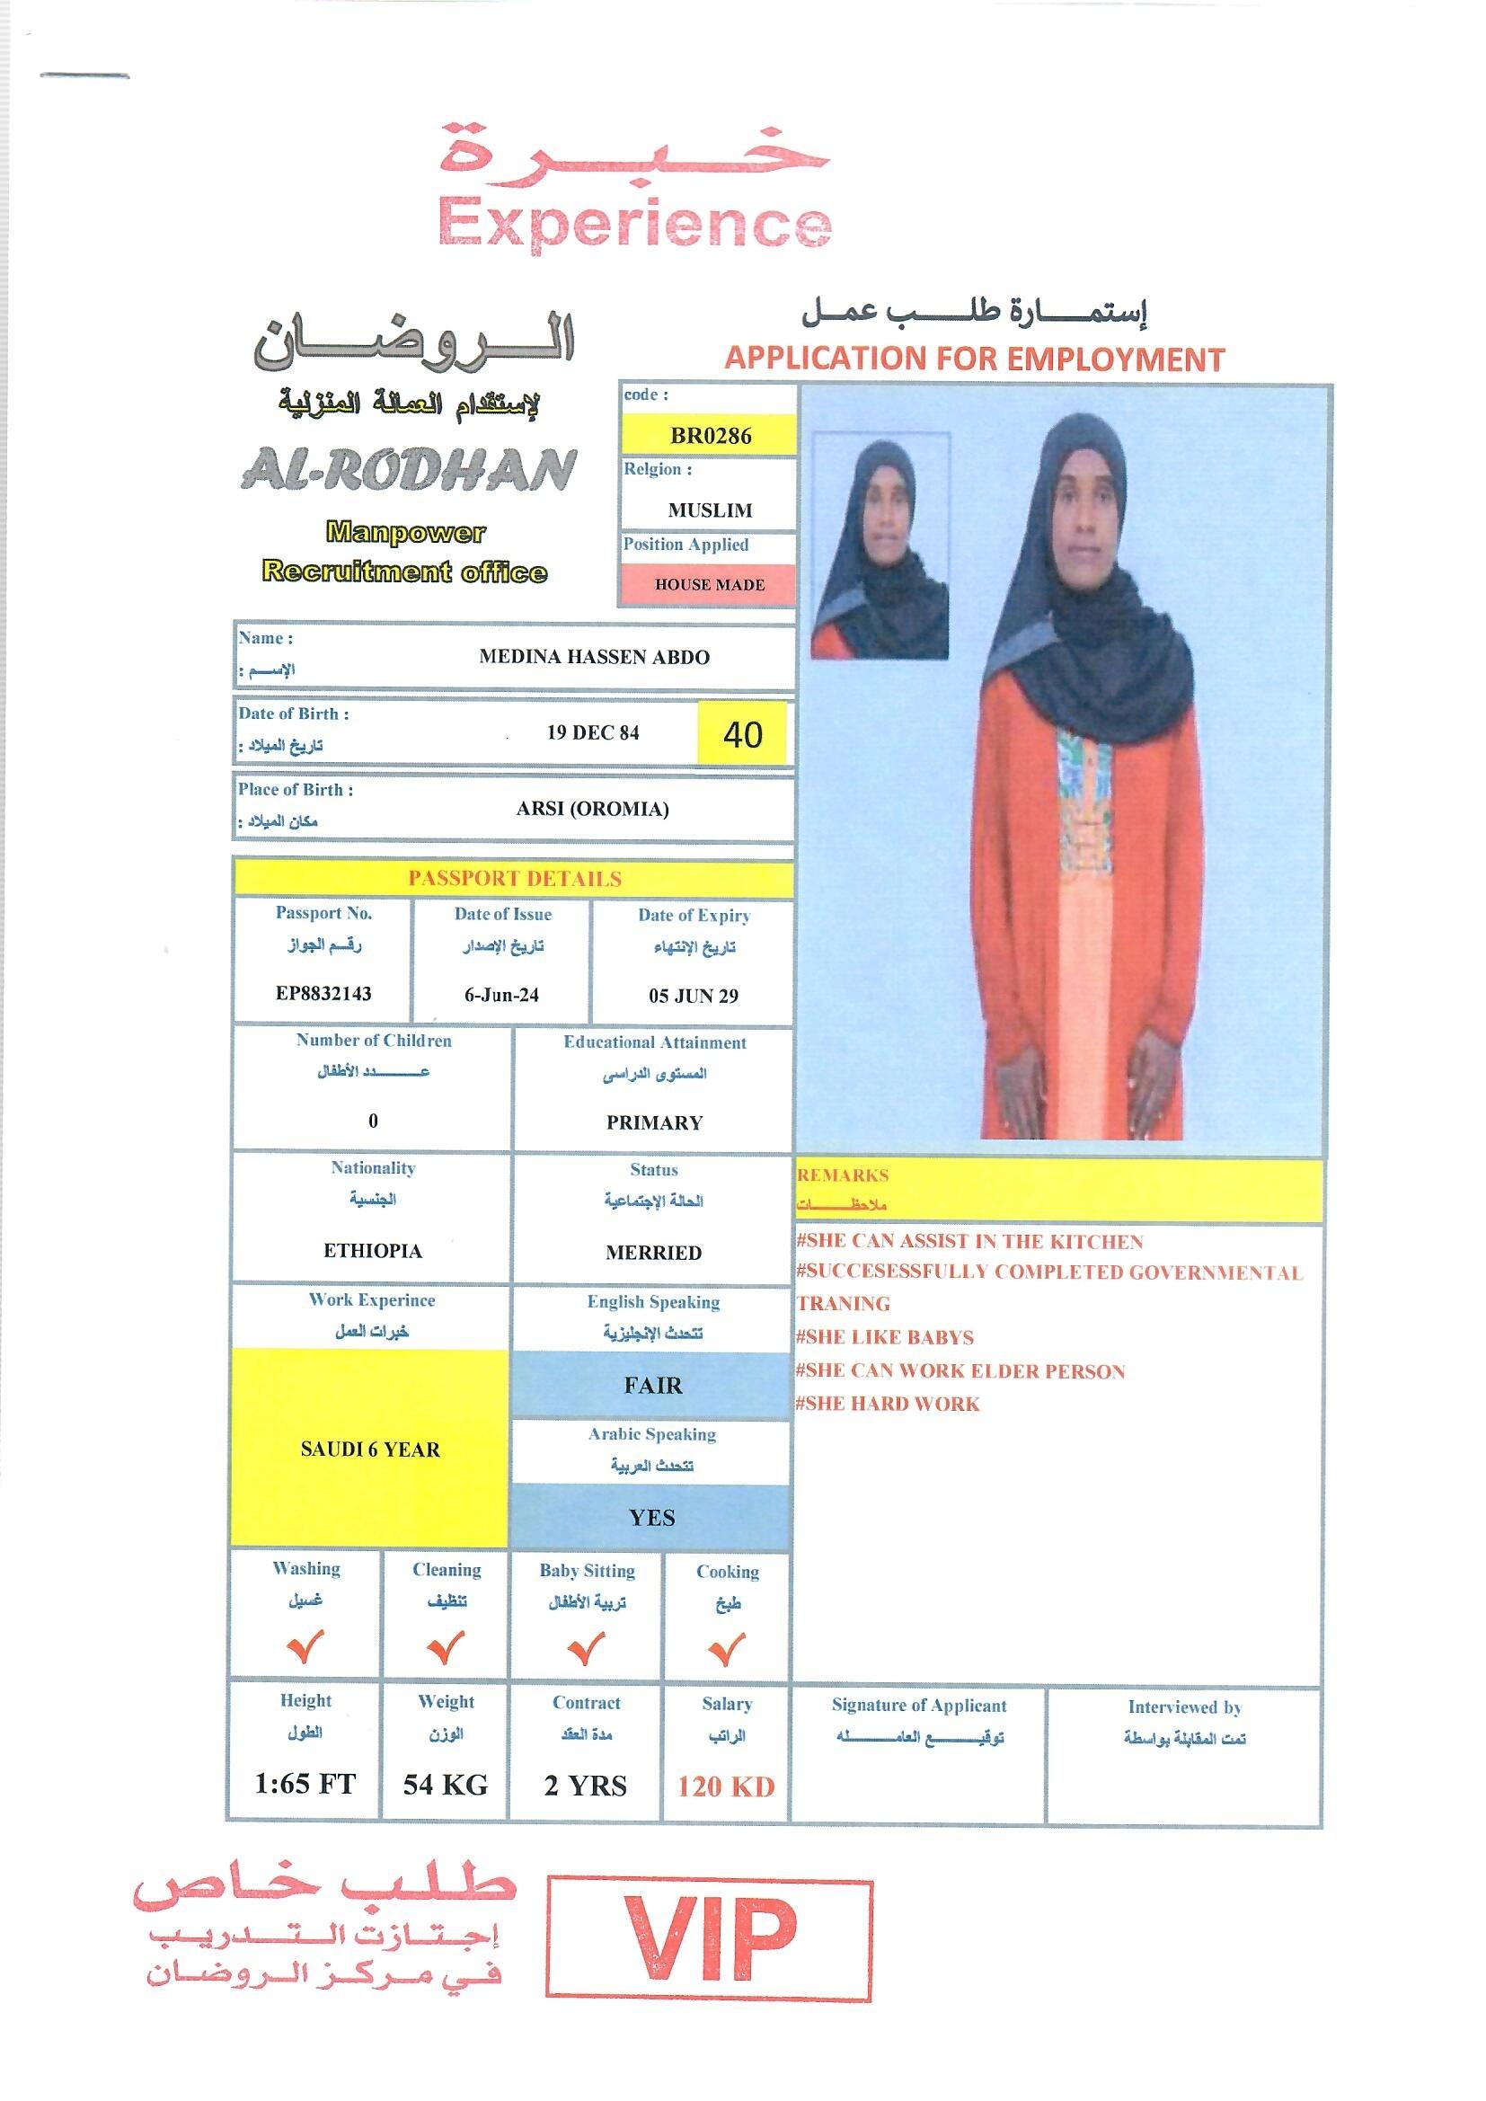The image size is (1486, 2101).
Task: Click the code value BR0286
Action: (x=710, y=436)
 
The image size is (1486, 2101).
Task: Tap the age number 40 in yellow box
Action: (x=742, y=734)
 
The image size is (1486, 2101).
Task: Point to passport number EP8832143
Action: (x=324, y=994)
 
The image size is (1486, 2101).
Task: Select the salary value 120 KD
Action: (x=726, y=1786)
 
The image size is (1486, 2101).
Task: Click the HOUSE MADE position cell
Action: (x=709, y=585)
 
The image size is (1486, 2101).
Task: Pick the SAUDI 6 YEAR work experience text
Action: (x=369, y=1449)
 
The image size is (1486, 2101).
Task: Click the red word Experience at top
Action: (x=635, y=224)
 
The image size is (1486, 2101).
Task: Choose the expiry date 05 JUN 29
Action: (x=693, y=997)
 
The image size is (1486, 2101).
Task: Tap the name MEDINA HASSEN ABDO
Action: (x=594, y=657)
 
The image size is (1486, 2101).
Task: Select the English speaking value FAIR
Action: (x=652, y=1386)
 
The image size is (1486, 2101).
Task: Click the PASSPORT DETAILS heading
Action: (x=514, y=879)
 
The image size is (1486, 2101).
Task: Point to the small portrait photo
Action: (x=880, y=546)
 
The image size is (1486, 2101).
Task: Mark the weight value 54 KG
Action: (x=446, y=1786)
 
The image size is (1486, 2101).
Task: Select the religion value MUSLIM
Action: (x=709, y=510)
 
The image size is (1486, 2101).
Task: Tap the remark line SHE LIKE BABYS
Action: (x=885, y=1338)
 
